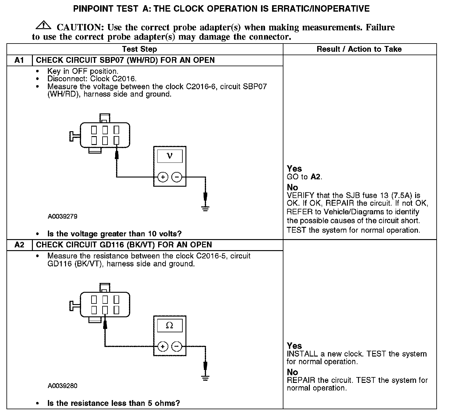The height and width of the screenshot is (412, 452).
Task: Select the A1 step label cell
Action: coord(19,60)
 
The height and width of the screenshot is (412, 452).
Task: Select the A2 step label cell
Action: coord(19,245)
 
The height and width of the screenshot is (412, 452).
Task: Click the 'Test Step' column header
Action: coord(139,49)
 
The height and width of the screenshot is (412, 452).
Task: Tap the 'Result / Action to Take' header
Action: coord(359,49)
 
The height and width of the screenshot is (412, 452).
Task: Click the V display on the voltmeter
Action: coord(169,156)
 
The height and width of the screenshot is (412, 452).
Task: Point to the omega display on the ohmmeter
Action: coord(169,325)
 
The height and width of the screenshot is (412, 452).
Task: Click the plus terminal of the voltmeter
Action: coord(163,177)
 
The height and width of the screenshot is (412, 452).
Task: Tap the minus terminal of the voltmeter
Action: coord(177,177)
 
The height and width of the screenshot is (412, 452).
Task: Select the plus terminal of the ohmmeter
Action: coord(163,346)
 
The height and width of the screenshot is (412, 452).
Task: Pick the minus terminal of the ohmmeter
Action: coord(177,346)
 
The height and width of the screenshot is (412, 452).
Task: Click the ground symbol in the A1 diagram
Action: coord(205,208)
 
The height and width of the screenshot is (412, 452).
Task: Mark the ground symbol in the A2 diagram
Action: coord(205,378)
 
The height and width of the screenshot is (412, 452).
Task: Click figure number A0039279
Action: coord(62,216)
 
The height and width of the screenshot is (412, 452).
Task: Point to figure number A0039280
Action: coord(62,386)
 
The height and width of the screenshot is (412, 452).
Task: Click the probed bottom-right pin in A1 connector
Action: coord(116,140)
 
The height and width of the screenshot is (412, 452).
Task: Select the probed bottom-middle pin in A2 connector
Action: coord(105,310)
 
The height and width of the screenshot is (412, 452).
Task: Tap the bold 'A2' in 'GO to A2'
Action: coord(316,177)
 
